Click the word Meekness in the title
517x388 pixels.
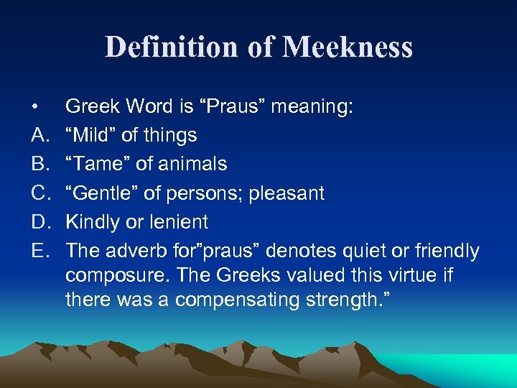348,47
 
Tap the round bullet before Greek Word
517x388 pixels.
35,108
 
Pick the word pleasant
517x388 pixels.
288,193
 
